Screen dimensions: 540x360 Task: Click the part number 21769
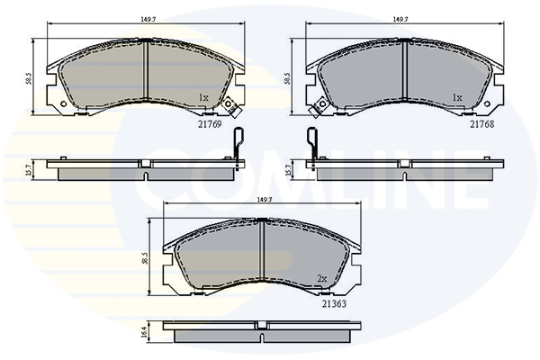[x=210, y=124]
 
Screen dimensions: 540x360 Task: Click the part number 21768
[x=482, y=124]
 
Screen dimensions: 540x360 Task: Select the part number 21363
[x=334, y=304]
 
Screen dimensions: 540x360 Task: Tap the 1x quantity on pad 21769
[x=204, y=98]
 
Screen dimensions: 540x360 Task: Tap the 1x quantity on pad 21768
[x=457, y=98]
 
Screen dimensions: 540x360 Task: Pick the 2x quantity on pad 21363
[x=321, y=279]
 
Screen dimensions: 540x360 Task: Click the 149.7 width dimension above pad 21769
[x=148, y=19]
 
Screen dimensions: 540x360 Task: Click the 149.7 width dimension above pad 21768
[x=400, y=19]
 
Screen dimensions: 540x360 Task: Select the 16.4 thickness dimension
[x=144, y=332]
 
